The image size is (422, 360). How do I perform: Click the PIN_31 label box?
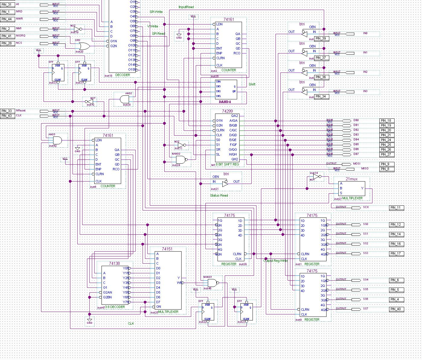coord(7,5)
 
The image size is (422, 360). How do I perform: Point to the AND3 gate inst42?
coord(56,140)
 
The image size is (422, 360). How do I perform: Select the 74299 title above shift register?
coord(227,111)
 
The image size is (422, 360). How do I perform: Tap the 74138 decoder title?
coord(114,264)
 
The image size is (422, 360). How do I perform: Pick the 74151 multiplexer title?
coord(167,249)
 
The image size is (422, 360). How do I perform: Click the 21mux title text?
coord(351,179)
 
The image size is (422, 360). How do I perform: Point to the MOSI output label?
coord(356,164)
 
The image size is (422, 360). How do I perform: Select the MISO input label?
coord(356,169)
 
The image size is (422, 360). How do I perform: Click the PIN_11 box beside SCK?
coord(396,208)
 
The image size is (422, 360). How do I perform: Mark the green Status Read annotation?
coord(219,195)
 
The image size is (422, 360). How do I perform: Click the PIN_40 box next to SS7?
coord(396,309)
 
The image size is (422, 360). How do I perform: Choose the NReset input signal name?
coord(21,111)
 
